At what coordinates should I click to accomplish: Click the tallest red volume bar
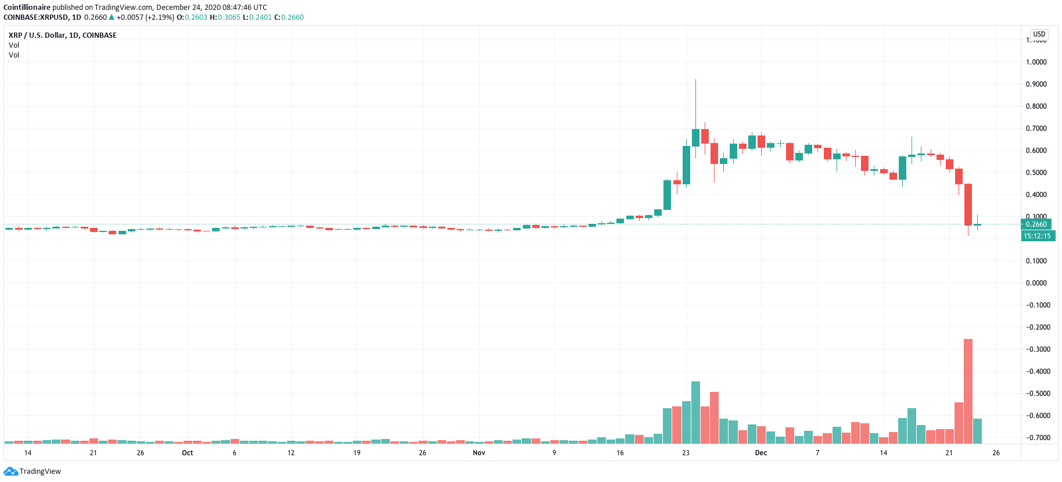click(968, 391)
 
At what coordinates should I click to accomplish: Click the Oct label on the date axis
click(187, 453)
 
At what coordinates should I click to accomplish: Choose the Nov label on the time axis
click(479, 453)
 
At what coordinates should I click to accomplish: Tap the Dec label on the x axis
click(760, 453)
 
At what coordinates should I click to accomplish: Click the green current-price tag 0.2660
click(1036, 224)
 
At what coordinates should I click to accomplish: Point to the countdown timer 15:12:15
click(1037, 236)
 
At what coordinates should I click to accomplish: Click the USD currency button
click(1039, 34)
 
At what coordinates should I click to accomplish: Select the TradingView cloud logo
click(10, 472)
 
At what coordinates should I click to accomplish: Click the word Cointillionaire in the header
click(27, 8)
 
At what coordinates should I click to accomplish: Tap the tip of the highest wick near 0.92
click(695, 80)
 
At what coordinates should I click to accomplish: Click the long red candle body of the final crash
click(968, 205)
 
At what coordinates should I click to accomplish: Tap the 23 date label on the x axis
click(686, 453)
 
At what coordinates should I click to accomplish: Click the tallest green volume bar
click(695, 412)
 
